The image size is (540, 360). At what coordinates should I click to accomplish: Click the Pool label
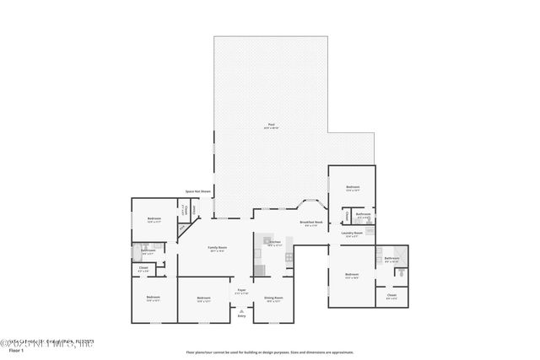272,125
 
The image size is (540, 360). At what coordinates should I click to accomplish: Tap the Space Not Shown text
198,191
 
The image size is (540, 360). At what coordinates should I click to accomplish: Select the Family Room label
218,247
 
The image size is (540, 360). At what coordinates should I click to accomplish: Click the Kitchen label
274,242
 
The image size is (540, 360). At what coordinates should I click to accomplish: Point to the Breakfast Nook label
311,222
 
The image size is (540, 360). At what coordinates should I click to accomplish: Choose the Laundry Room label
352,233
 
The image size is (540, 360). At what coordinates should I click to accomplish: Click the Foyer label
241,289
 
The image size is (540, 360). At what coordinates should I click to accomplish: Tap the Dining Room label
273,298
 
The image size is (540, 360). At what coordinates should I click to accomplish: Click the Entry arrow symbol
241,309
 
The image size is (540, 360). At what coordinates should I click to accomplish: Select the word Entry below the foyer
241,315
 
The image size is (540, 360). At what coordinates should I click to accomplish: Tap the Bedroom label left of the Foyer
203,298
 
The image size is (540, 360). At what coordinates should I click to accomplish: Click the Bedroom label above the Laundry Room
353,187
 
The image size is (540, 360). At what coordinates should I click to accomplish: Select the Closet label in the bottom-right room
391,295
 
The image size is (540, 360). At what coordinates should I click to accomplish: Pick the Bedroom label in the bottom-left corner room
153,298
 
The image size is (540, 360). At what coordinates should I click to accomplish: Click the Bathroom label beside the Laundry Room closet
364,214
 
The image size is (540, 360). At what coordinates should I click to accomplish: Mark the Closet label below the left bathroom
143,268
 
